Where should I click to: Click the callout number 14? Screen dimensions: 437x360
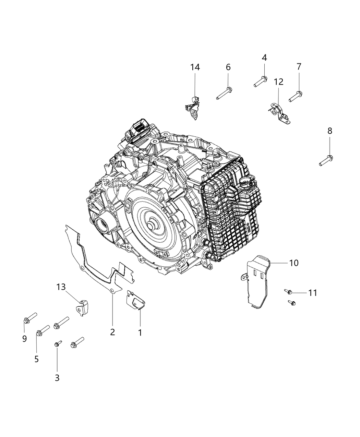pyautogui.click(x=195, y=67)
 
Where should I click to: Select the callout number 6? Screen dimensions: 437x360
pyautogui.click(x=228, y=67)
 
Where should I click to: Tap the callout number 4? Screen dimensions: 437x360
pyautogui.click(x=264, y=58)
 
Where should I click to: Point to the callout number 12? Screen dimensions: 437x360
pyautogui.click(x=278, y=82)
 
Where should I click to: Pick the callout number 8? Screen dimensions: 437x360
pyautogui.click(x=329, y=131)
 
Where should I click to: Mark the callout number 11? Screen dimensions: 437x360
pyautogui.click(x=312, y=293)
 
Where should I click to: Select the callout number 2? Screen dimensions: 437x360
pyautogui.click(x=112, y=332)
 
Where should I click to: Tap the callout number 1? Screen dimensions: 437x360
pyautogui.click(x=140, y=332)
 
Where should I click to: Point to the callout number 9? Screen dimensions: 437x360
pyautogui.click(x=24, y=339)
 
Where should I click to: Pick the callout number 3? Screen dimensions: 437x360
pyautogui.click(x=57, y=378)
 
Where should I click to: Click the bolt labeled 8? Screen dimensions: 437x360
pyautogui.click(x=326, y=160)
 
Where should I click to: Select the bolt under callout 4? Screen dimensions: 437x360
pyautogui.click(x=261, y=81)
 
